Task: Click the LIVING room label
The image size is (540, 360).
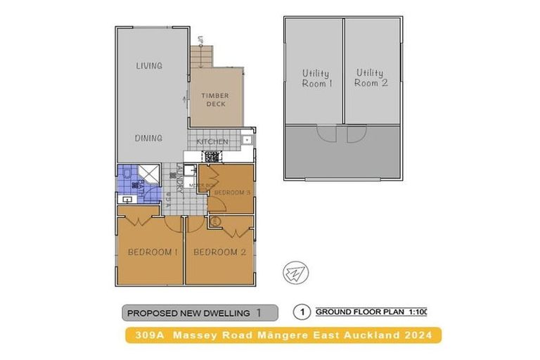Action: [148, 66]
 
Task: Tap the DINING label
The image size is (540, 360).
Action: [148, 139]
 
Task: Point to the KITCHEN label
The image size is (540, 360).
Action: [212, 142]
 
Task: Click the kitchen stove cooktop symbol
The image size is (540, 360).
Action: [210, 158]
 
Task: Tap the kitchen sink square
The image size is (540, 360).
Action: [247, 140]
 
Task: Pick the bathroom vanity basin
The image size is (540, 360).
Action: [127, 200]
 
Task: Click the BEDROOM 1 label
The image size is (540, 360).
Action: [152, 252]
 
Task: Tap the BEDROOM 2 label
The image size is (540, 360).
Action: [219, 252]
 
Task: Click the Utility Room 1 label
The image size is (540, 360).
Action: [316, 78]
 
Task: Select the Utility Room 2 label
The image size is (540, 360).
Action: [371, 78]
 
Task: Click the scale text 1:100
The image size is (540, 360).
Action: [415, 311]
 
